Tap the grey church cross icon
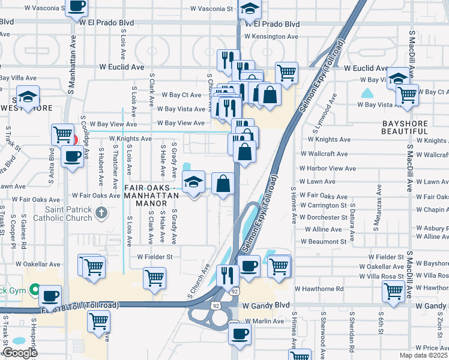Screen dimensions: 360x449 pos(102,212)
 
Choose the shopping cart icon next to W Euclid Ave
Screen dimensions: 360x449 pos(287,73)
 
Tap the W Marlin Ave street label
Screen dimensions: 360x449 pos(264,322)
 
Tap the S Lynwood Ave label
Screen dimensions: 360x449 pos(322,118)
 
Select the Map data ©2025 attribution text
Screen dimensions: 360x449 pos(423,355)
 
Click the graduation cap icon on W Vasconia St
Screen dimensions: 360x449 pos(250,9)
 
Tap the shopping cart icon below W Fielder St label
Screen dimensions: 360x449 pos(154,277)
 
